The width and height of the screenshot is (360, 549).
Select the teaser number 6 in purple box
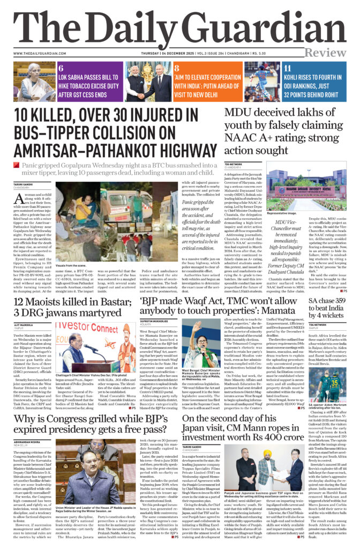click(x=61, y=68)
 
